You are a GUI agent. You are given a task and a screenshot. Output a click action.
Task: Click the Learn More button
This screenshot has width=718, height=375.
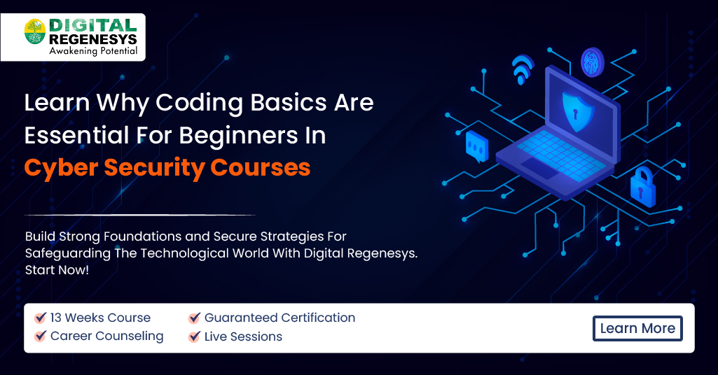[637, 328]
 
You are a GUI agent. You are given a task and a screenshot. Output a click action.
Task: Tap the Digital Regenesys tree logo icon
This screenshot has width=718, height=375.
[35, 32]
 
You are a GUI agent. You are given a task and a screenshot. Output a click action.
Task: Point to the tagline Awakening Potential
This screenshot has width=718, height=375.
[92, 51]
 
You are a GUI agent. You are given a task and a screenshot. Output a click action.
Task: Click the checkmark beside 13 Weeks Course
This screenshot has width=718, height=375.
[41, 318]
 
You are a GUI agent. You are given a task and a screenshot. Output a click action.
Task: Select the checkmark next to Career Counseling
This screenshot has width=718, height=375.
[41, 337]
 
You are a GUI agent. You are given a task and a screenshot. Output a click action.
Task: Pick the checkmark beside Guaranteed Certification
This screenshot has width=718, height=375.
[195, 318]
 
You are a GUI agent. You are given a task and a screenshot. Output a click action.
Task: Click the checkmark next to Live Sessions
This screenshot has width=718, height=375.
[195, 337]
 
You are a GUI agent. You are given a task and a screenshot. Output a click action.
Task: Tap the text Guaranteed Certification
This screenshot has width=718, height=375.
[279, 318]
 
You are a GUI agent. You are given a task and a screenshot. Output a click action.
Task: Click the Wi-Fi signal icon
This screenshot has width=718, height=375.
[523, 69]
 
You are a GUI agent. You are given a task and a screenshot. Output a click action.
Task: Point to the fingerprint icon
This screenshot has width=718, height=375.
[592, 61]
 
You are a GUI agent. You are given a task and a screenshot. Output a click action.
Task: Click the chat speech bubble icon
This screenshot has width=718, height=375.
[476, 145]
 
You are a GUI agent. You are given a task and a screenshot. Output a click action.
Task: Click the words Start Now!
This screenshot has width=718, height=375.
[57, 269]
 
